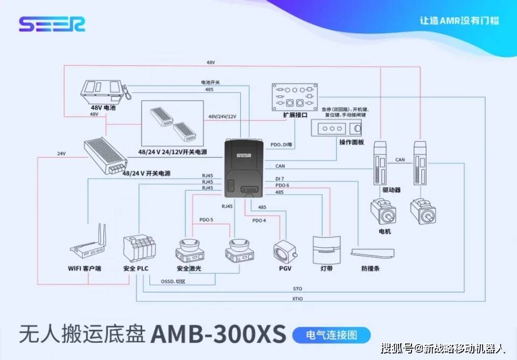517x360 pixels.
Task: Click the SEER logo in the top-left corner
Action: tap(52, 24)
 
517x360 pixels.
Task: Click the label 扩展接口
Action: tap(295, 115)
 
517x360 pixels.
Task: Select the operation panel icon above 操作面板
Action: tap(337, 129)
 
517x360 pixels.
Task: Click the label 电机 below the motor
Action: tap(385, 231)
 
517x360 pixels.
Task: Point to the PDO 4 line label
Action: tap(259, 220)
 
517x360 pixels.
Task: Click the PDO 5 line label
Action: tap(207, 220)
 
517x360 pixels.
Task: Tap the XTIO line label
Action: tap(298, 299)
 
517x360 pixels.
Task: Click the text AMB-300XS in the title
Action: tap(218, 335)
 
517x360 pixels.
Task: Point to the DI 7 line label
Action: tap(280, 178)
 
